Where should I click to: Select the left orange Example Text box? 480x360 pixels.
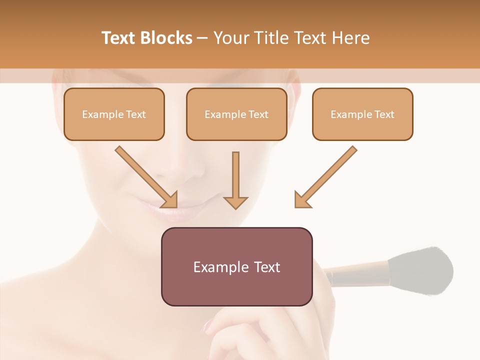(x=114, y=114)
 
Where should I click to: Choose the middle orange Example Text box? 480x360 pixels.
(x=236, y=114)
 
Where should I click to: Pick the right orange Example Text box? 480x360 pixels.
(x=362, y=114)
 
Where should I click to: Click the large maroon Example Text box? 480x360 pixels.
(x=236, y=266)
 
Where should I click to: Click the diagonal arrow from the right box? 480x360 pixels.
(x=327, y=175)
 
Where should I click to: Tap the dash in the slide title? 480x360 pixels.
(x=202, y=38)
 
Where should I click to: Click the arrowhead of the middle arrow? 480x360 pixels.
(x=235, y=201)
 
